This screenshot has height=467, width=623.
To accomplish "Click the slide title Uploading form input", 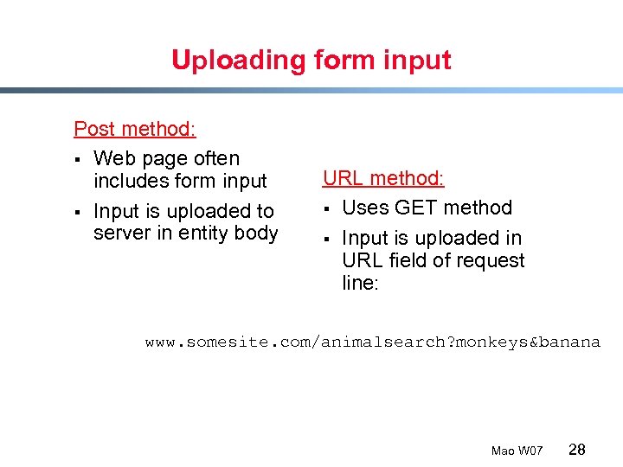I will point(311,60).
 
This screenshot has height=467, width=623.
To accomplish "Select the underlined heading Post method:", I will point(135,129).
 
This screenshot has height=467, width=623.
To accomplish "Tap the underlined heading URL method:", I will point(383,178).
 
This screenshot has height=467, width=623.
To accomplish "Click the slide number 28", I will point(577,449).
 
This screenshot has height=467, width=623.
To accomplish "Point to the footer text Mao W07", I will point(517,451).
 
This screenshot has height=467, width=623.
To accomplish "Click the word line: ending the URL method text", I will point(360,283).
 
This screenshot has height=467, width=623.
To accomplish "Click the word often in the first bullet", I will point(216,158).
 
